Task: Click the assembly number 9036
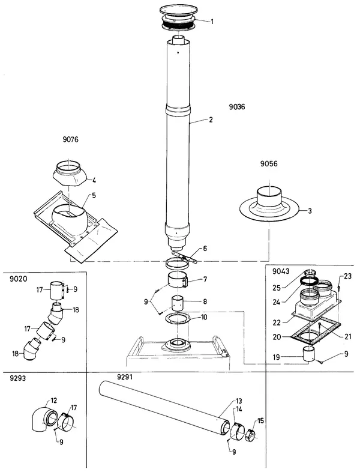click(x=236, y=106)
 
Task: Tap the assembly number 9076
click(x=70, y=139)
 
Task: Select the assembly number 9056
click(x=269, y=164)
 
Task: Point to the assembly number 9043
click(x=281, y=271)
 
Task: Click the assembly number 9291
click(x=125, y=377)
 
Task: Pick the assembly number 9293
click(x=18, y=378)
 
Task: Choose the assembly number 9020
click(x=18, y=279)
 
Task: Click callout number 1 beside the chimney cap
click(x=212, y=22)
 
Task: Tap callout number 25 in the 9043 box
click(x=277, y=288)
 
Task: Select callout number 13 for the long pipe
click(x=239, y=401)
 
